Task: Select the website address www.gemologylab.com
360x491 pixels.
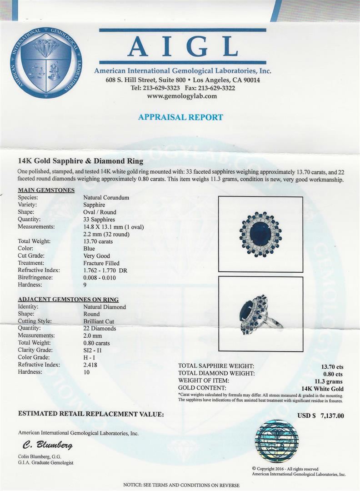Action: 182,96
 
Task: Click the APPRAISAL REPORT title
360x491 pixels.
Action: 180,117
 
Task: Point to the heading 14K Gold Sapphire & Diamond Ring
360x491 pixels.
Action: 80,161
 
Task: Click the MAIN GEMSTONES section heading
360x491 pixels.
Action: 46,190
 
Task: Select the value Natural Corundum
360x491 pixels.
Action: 106,197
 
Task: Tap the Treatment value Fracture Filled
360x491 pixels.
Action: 101,263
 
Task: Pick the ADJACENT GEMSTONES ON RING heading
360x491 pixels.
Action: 68,299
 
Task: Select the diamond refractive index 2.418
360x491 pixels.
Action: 90,365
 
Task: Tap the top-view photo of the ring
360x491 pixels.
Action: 260,234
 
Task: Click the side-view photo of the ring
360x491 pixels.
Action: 260,314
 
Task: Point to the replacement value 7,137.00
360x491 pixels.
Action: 332,415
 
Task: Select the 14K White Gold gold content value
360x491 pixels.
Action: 322,389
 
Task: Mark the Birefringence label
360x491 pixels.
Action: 35,277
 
